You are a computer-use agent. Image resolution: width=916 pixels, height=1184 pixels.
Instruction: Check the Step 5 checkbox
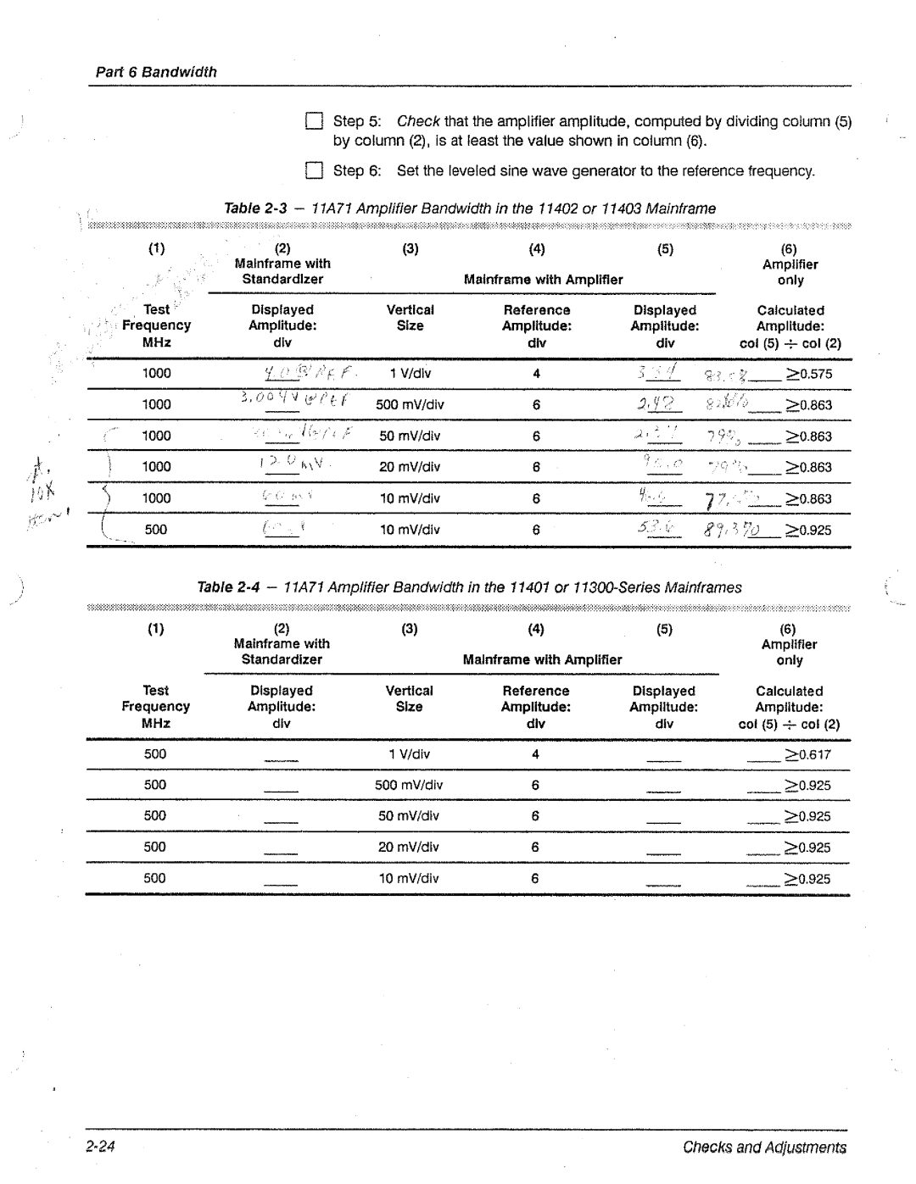(x=314, y=121)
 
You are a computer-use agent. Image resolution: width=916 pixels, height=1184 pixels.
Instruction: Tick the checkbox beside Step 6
(x=314, y=171)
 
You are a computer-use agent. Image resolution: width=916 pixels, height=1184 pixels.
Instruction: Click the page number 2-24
(x=100, y=1147)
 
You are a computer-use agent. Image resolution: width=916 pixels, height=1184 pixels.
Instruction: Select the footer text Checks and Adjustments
(x=764, y=1148)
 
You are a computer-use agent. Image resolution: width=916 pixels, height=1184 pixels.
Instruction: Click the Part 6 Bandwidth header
(x=156, y=72)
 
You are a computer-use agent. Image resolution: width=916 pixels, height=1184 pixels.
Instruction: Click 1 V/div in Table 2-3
(x=411, y=374)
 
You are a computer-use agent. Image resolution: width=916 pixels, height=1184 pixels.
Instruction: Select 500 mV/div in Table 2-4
(x=409, y=785)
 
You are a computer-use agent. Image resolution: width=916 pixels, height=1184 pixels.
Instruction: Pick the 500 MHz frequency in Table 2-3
(x=156, y=530)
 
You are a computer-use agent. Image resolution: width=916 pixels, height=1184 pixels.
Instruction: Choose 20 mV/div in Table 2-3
(x=410, y=467)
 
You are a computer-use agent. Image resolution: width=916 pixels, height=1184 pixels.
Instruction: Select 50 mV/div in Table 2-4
(x=409, y=816)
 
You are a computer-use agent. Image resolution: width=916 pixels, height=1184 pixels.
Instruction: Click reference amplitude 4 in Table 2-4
(x=535, y=754)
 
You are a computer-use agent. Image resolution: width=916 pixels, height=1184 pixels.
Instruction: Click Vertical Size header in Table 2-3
(x=411, y=318)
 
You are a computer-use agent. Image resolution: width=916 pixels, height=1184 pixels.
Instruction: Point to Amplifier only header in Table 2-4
(x=789, y=653)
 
